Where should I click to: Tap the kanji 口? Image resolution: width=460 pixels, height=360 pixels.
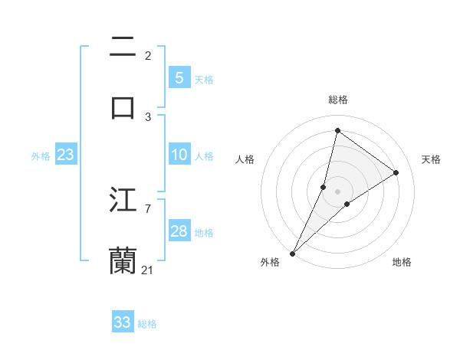[123, 106]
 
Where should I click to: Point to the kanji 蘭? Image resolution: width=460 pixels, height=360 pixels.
[123, 260]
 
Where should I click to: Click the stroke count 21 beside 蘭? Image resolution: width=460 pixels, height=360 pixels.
[148, 270]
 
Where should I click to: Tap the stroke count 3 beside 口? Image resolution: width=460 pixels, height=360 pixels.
[148, 116]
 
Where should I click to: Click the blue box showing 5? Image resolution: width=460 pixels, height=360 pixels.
[179, 78]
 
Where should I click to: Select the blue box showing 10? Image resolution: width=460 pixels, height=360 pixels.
[179, 155]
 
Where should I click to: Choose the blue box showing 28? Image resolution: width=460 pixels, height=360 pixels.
[179, 231]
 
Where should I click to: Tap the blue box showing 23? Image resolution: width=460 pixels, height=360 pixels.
[65, 155]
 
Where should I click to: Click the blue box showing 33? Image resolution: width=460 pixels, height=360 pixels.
[123, 322]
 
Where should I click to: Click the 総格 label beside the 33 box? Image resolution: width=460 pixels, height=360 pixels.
[147, 324]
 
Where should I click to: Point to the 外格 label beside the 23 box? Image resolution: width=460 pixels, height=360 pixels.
[41, 156]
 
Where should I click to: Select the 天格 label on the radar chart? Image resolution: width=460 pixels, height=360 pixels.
[431, 159]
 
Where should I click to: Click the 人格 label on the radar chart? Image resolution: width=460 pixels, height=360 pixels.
[245, 159]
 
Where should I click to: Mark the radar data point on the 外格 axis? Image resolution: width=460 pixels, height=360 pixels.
[293, 253]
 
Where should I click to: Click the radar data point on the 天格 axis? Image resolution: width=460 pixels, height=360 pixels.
[396, 172]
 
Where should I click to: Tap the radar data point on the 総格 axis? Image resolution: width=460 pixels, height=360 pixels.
[337, 130]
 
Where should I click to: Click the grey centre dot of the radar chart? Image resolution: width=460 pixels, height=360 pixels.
[337, 191]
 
